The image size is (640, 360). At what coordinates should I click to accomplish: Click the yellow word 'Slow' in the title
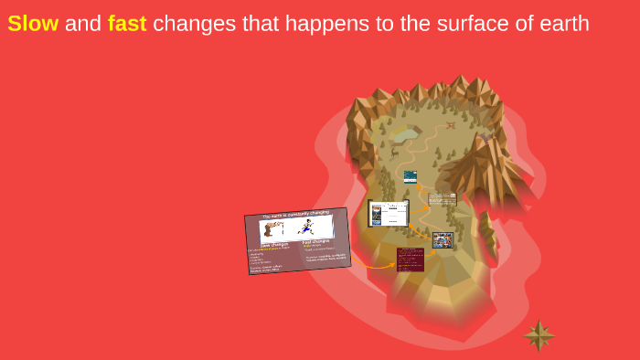click(33, 24)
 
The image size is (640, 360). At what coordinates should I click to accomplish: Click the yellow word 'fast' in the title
click(127, 24)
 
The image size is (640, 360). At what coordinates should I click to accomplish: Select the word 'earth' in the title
click(563, 24)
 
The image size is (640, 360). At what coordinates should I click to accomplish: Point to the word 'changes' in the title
click(195, 24)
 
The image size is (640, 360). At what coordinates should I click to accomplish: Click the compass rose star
click(539, 335)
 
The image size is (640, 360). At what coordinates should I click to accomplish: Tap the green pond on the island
click(406, 134)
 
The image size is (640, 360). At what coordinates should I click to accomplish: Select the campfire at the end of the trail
click(450, 125)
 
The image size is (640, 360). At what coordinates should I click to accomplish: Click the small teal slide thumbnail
click(410, 176)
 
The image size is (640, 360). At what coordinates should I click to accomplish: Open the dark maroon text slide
click(410, 259)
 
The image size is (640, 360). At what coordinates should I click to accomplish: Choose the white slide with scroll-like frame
click(389, 214)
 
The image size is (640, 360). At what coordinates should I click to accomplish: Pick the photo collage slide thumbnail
click(443, 240)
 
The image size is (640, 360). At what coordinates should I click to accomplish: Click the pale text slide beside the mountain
click(443, 198)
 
